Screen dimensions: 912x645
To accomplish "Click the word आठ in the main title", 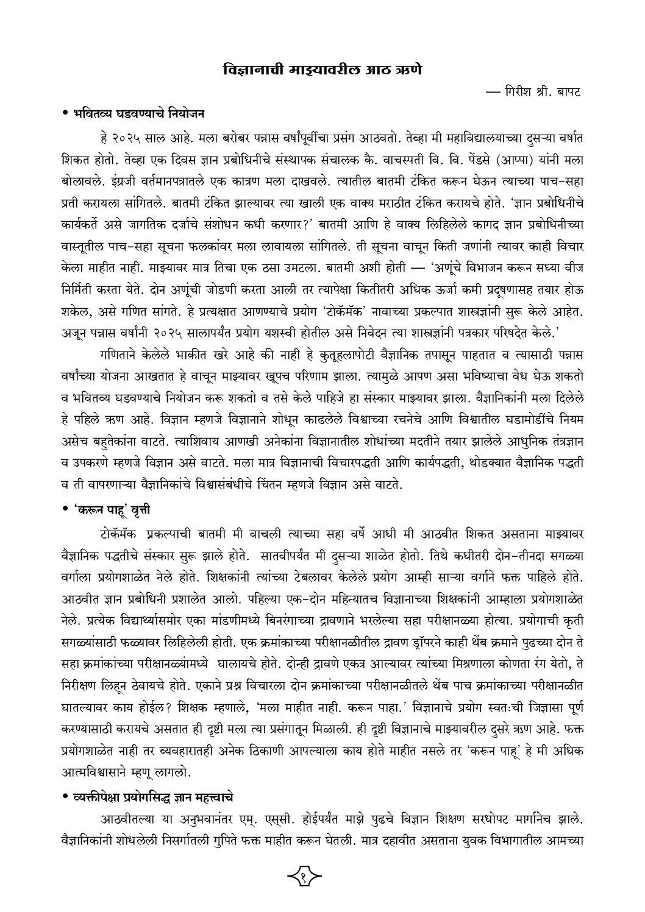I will pyautogui.click(x=379, y=71).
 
